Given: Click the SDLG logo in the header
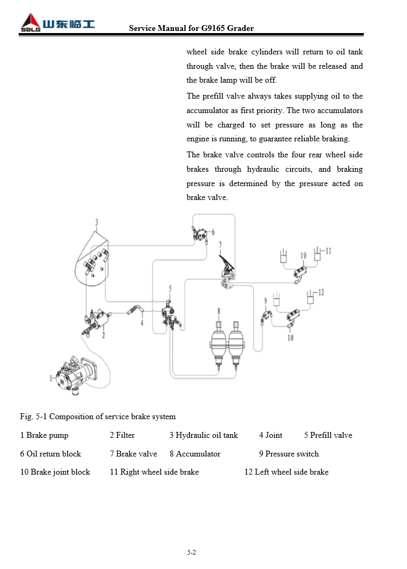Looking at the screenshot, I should pos(57,25).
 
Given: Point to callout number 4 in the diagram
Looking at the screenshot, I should pos(142,323).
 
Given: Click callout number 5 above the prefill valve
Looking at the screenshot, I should pos(170,288).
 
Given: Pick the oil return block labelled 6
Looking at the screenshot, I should pos(201,233).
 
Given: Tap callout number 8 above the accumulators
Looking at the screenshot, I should pos(218,310).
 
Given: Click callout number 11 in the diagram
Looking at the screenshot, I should pos(328,250).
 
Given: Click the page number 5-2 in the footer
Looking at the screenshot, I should pos(191,552).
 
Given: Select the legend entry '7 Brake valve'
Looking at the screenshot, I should pos(133,454).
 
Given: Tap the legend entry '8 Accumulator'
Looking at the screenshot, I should pos(195,454).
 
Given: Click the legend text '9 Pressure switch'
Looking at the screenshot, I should pos(289,454).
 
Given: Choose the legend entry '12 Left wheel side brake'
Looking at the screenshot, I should pos(286,472).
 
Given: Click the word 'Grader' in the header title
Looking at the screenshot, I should pos(241,28).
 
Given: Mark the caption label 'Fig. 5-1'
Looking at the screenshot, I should pos(34,416).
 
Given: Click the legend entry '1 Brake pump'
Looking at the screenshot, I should pos(44,435).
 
